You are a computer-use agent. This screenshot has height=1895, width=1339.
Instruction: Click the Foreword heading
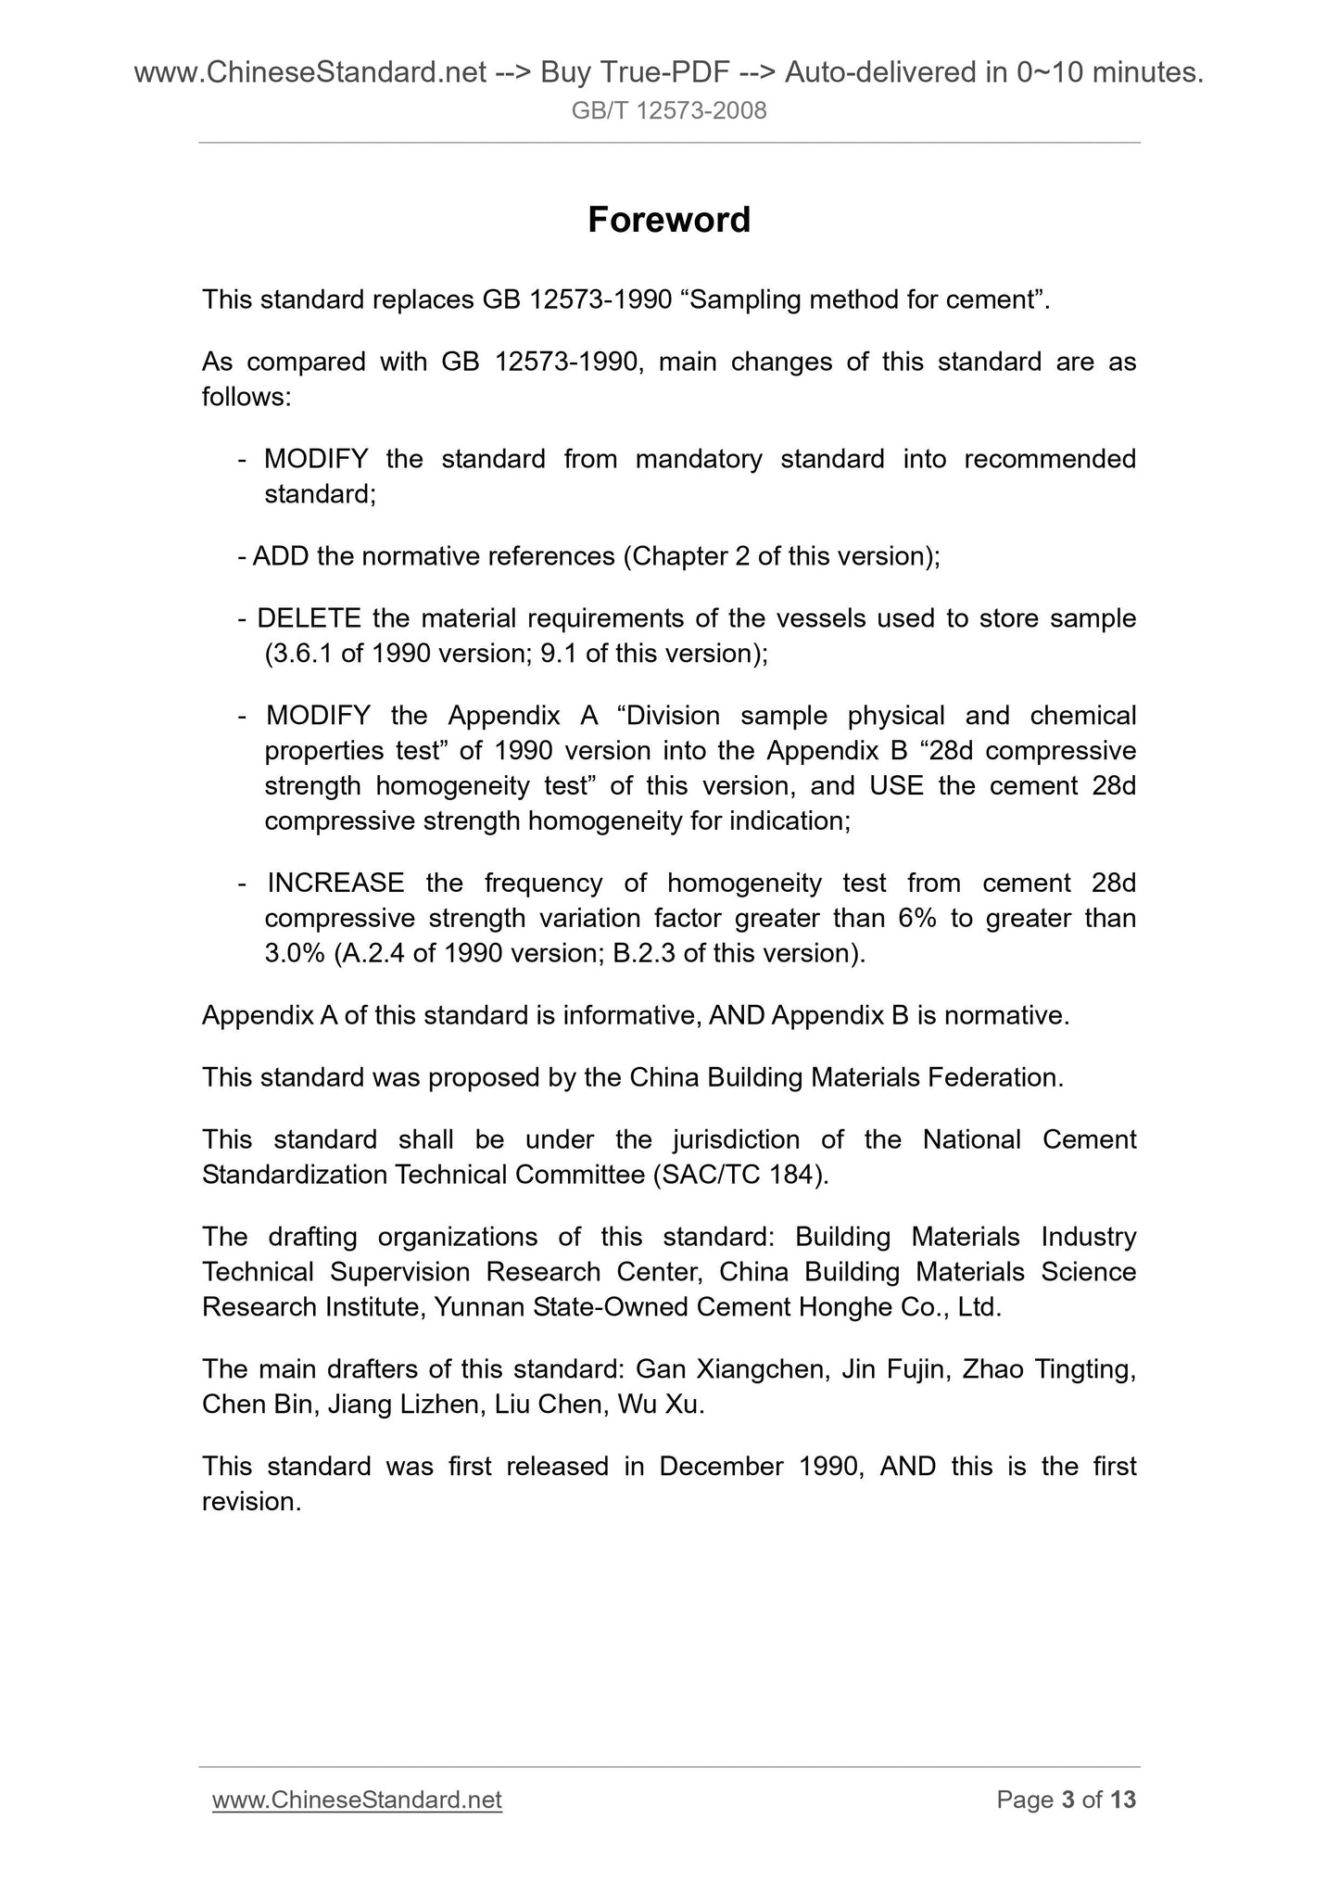[669, 220]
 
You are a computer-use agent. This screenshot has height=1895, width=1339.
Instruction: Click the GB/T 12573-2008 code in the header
[669, 112]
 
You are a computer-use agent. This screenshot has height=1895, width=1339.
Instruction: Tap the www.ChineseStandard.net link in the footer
[357, 1800]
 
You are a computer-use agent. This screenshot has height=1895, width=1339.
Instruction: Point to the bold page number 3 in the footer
[1067, 1800]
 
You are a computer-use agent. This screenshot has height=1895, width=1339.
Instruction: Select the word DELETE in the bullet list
[309, 618]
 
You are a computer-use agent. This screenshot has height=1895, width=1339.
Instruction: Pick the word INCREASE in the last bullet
[335, 883]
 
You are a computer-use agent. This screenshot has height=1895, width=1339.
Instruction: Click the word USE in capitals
[896, 786]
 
